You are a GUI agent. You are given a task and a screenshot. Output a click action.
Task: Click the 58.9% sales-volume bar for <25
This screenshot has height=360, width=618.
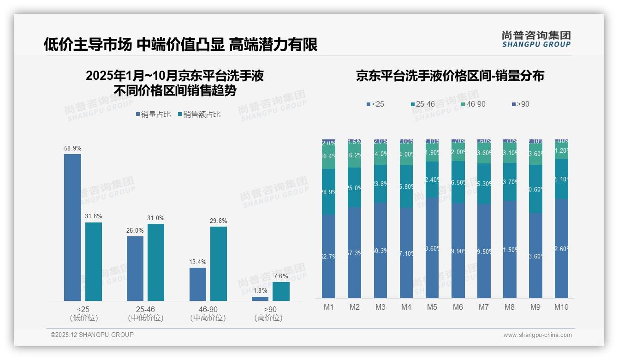coord(72,227)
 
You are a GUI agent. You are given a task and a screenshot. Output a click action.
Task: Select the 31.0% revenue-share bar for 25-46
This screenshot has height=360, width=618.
coord(156,262)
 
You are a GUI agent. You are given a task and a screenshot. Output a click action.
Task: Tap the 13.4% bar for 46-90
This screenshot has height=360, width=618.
coord(197,284)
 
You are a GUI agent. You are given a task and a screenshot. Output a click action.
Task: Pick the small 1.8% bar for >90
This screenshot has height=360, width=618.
coord(260,299)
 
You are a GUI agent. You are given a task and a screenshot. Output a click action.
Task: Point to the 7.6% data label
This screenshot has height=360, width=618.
coord(281,276)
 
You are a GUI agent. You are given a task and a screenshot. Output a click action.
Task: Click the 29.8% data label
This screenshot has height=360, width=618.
coord(218,221)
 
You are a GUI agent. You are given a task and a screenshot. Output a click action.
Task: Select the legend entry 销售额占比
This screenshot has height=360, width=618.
coord(199,114)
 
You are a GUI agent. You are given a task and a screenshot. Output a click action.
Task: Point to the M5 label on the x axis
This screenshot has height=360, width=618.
coord(432,307)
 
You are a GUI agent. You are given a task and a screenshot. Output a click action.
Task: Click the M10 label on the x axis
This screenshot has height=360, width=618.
coord(561,307)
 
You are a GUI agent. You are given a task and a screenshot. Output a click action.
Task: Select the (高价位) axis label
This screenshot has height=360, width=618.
coord(268,318)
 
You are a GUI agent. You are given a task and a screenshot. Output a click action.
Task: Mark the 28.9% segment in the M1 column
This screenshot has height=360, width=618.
coord(329,191)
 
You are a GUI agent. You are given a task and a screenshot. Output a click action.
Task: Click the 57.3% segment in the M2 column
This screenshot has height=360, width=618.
coord(355,252)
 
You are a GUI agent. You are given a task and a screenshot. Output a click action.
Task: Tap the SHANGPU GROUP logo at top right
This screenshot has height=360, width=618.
coord(536,39)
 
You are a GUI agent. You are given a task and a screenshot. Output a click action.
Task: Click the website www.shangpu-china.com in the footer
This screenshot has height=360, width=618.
coord(537,335)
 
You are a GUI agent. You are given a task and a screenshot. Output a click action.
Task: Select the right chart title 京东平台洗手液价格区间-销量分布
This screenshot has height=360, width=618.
coord(450,76)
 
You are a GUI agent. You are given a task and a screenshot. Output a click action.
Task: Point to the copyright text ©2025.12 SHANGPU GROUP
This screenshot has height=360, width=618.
coord(92,335)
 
